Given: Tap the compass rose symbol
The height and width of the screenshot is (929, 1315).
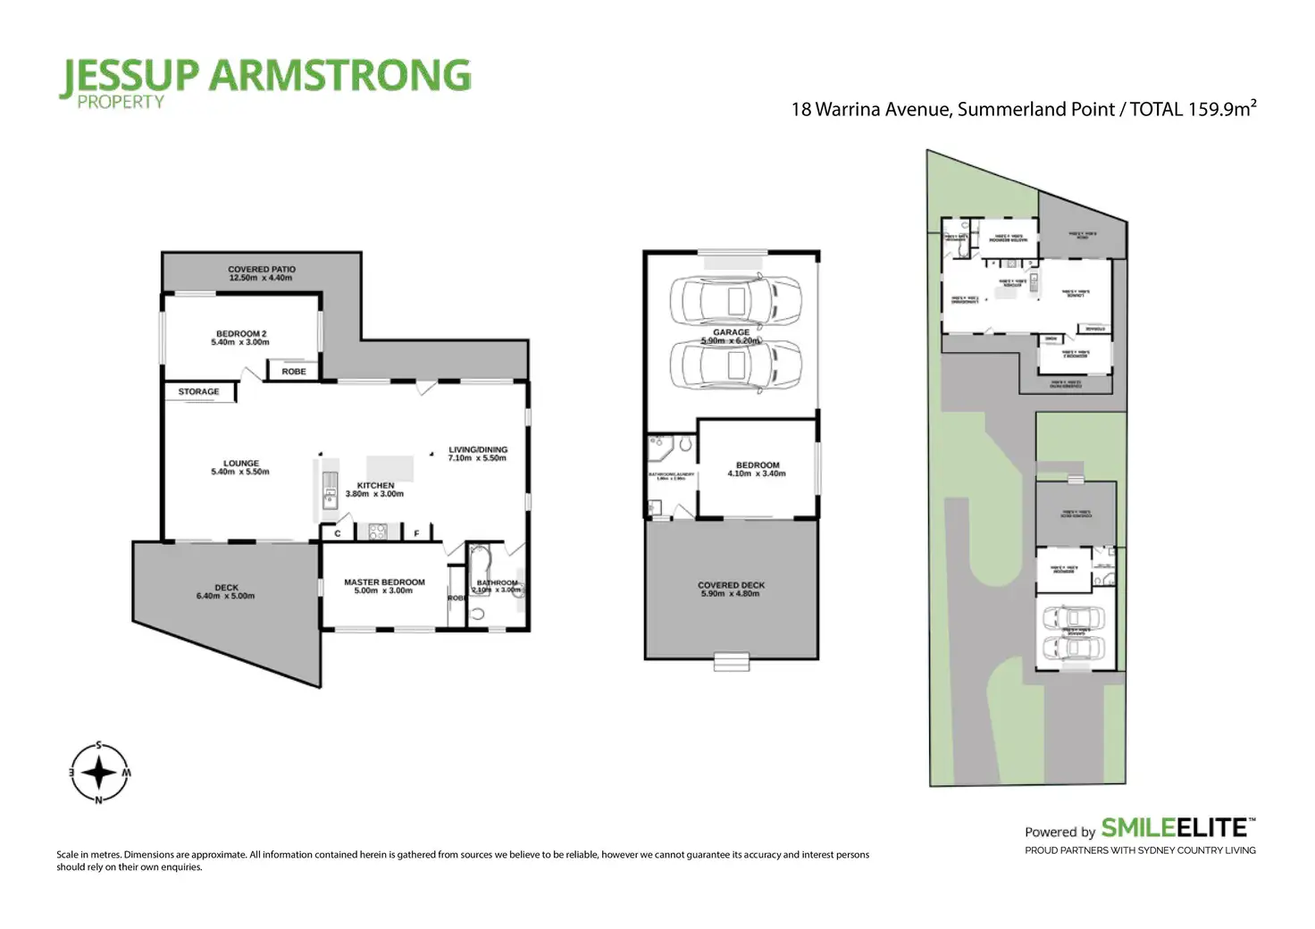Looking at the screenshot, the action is [x=99, y=773].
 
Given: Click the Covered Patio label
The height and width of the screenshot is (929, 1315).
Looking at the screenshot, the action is [x=261, y=273].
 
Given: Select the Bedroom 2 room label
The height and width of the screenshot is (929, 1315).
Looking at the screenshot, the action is [x=240, y=338].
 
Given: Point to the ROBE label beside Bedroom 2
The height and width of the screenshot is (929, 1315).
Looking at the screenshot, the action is [x=294, y=372].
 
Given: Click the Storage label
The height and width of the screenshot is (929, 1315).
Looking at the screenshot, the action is [x=198, y=392].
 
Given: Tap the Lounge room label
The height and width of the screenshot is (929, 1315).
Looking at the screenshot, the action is [x=240, y=467].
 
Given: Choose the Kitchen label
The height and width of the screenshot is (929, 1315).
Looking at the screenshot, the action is [x=375, y=490].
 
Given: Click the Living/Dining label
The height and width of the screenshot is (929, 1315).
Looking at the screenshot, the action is [x=477, y=454].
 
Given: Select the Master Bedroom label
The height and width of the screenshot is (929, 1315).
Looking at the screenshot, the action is [x=384, y=586].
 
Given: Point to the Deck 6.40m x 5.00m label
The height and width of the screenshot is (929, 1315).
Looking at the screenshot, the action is [x=226, y=591].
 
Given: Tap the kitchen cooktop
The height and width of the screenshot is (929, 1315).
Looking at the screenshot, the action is [x=377, y=532].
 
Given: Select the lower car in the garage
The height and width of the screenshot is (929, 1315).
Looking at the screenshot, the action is [x=734, y=366].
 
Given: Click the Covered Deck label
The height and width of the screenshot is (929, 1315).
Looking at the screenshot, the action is [x=731, y=590].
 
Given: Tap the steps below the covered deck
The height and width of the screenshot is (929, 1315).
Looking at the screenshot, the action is [x=731, y=662].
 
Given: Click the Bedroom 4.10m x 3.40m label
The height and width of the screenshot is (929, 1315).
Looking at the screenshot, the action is [x=757, y=469].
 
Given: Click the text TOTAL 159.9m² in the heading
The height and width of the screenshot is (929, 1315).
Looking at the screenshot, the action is [x=1193, y=109].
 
